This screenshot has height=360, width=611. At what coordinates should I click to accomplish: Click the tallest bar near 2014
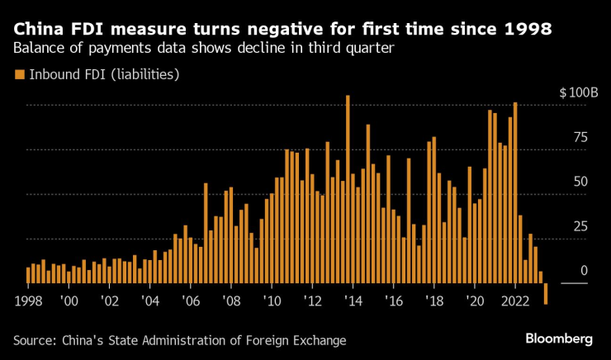pyautogui.click(x=348, y=189)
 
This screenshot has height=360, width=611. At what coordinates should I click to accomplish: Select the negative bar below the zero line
pyautogui.click(x=546, y=294)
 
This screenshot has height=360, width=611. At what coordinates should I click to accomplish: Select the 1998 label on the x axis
pyautogui.click(x=29, y=300)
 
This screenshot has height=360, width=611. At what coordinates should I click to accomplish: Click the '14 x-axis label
pyautogui.click(x=353, y=300)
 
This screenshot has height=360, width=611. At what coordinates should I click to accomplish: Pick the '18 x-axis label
pyautogui.click(x=433, y=300)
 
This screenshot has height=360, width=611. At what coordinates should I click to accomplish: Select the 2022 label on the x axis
pyautogui.click(x=514, y=300)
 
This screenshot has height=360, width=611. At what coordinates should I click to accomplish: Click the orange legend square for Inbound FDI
pyautogui.click(x=19, y=75)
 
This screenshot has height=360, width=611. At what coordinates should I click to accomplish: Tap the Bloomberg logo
pyautogui.click(x=559, y=339)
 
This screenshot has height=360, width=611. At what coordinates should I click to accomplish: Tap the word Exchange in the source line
pyautogui.click(x=318, y=340)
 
